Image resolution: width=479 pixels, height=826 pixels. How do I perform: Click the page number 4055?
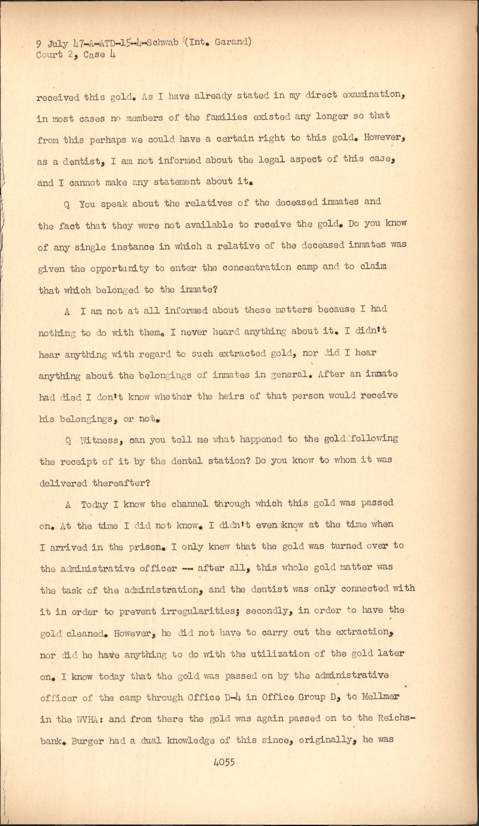pyautogui.click(x=223, y=762)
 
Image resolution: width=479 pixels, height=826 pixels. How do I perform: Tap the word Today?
pyautogui.click(x=94, y=504)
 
